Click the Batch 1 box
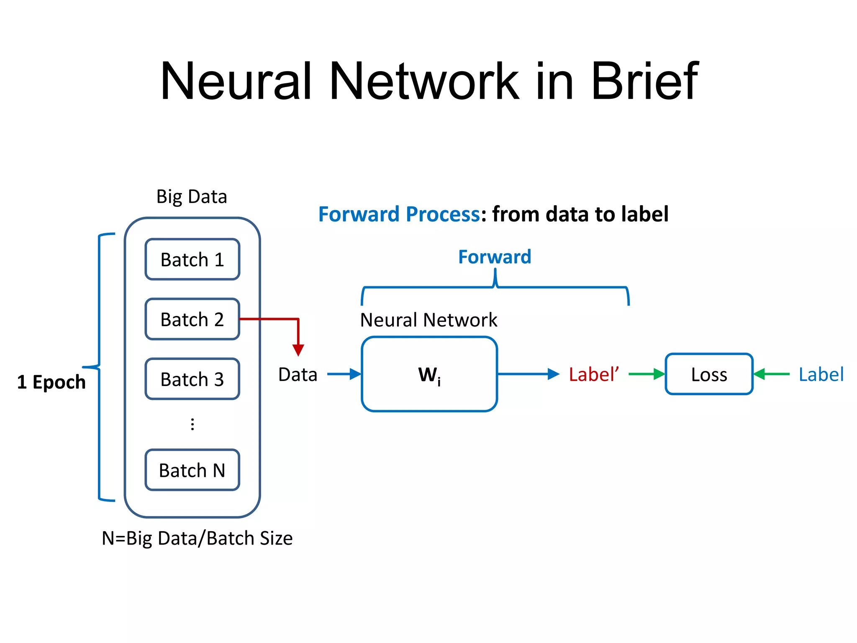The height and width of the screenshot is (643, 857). [x=192, y=260]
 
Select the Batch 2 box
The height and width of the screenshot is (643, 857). [x=192, y=319]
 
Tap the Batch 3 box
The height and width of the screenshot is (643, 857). [x=192, y=379]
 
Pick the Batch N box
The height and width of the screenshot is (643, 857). [x=192, y=470]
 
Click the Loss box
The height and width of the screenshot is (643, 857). [x=709, y=374]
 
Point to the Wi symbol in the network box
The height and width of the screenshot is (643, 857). [x=429, y=375]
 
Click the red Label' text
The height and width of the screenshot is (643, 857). [x=593, y=374]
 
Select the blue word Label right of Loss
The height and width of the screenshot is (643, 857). [x=821, y=374]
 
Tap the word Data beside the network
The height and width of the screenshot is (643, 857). [x=298, y=374]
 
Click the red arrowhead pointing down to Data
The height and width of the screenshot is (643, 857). [x=298, y=350]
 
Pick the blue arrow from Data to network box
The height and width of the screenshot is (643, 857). [x=344, y=374]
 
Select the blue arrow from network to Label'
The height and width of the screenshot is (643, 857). [x=528, y=374]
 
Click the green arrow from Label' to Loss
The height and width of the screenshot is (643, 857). [x=647, y=374]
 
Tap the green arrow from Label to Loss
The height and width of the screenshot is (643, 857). [x=772, y=374]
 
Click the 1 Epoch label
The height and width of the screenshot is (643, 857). [x=51, y=382]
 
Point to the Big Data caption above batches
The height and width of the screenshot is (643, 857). [x=192, y=196]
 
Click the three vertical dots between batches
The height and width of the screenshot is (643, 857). [x=192, y=424]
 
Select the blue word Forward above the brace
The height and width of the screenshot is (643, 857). [x=495, y=257]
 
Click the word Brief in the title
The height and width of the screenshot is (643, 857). [x=644, y=81]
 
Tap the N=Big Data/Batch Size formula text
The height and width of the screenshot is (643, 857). [x=197, y=538]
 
